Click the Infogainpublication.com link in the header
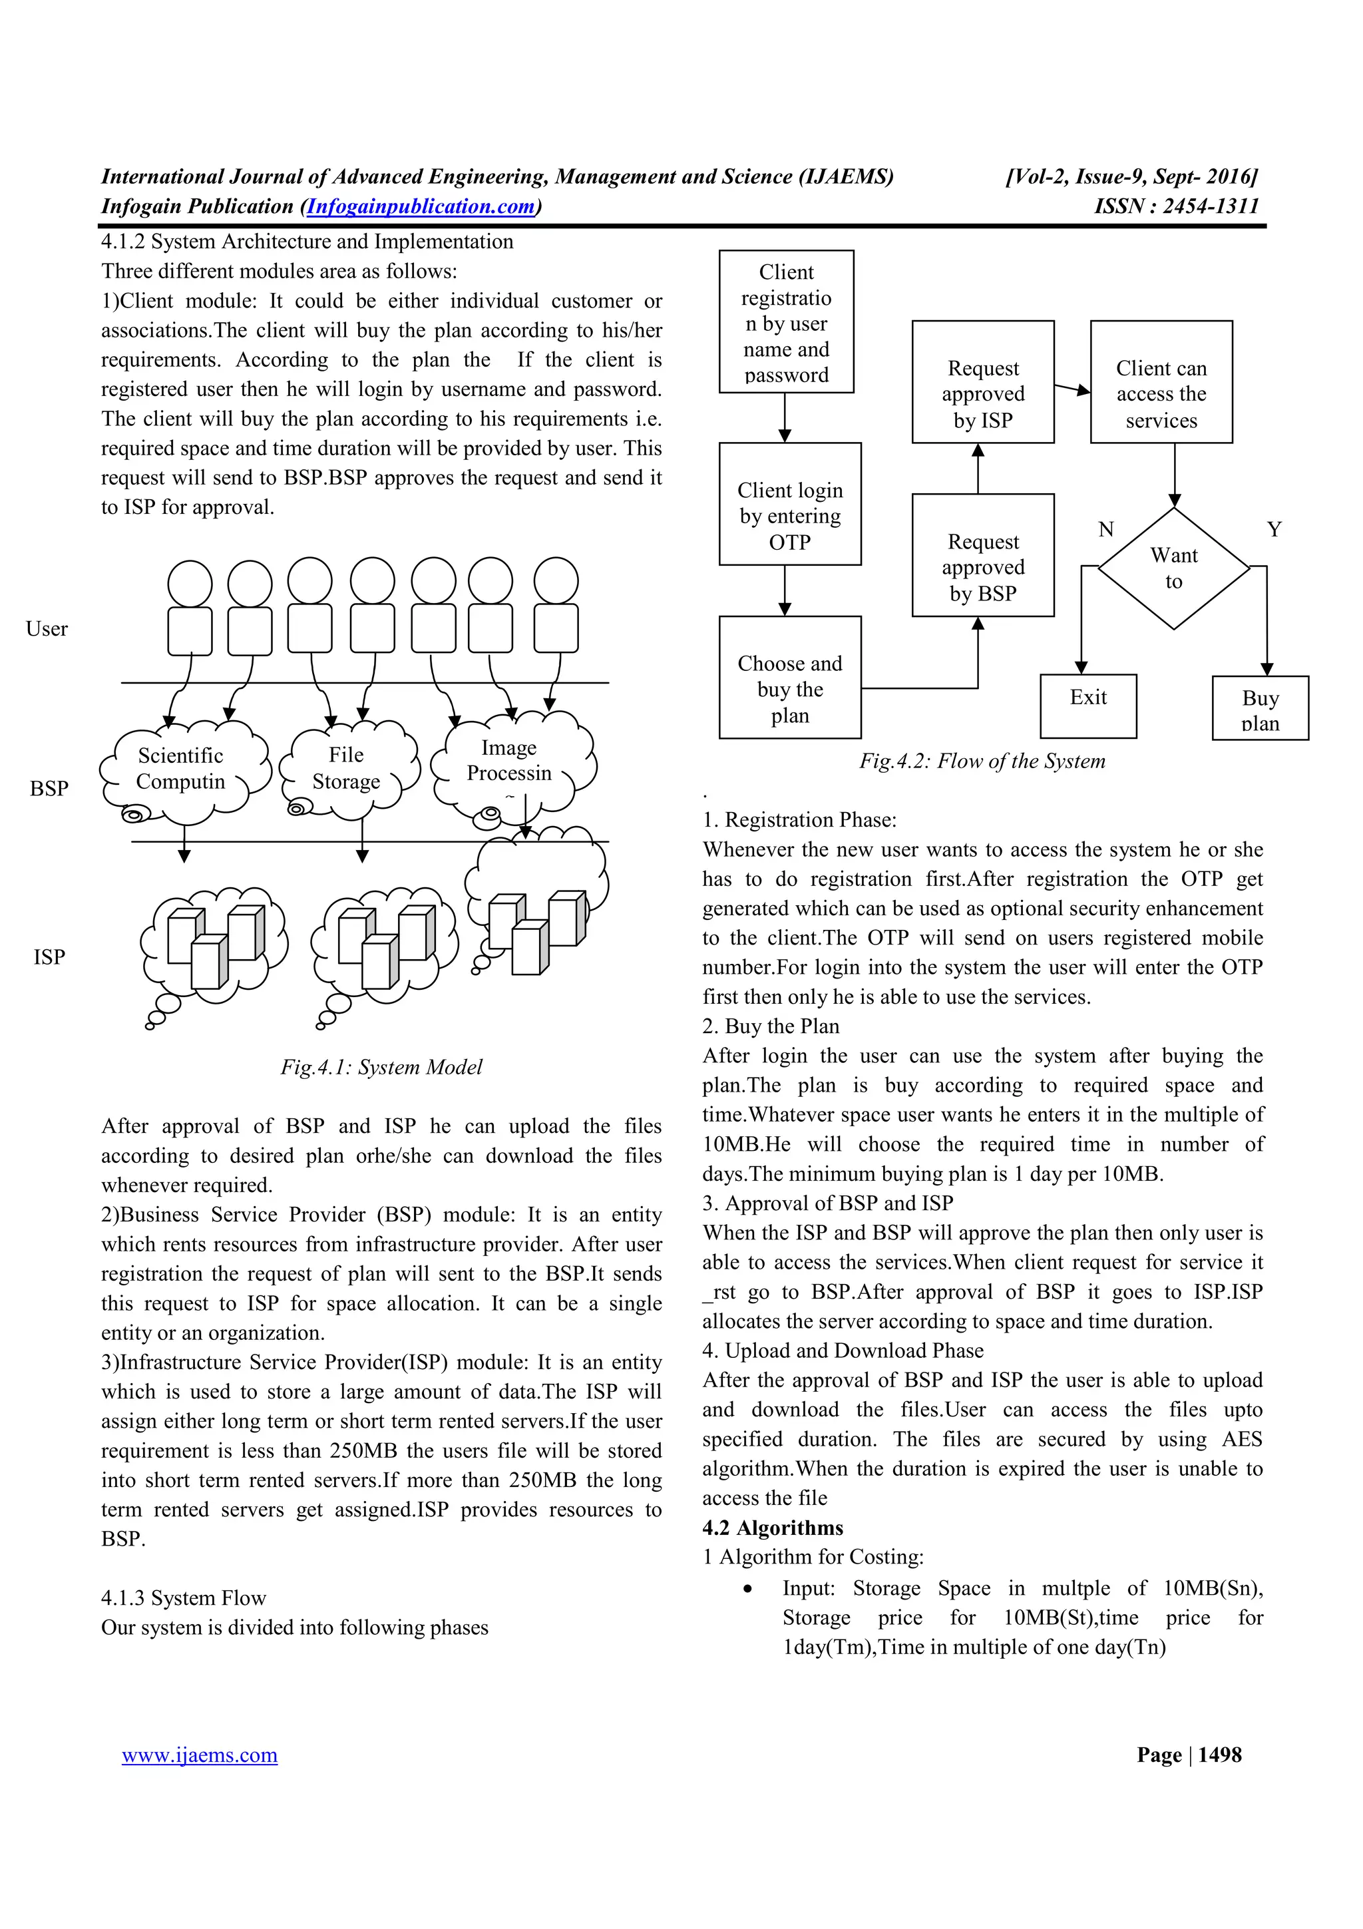click(x=421, y=206)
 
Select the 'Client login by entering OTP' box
click(x=789, y=504)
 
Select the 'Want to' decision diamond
click(x=1173, y=569)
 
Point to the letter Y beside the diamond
click(x=1274, y=529)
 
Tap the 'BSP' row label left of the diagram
click(x=49, y=788)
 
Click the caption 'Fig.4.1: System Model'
click(x=381, y=1067)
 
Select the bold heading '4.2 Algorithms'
click(x=773, y=1528)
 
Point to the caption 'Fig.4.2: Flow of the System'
click(x=982, y=761)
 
